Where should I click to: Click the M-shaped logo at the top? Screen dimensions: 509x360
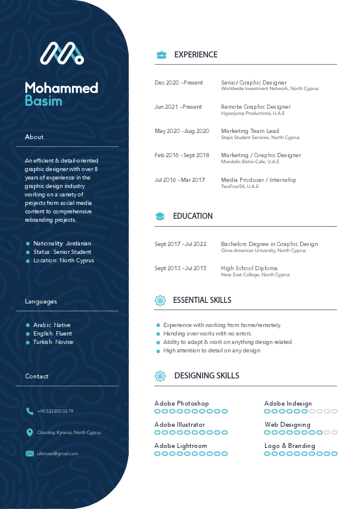[x=62, y=53]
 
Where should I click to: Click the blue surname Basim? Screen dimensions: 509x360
[x=44, y=101]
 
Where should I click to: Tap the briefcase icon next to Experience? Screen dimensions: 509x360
[x=161, y=55]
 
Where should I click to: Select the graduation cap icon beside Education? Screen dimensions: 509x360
[x=160, y=216]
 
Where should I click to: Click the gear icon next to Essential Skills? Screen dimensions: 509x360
[x=160, y=300]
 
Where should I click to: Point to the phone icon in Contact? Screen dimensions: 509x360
[x=30, y=411]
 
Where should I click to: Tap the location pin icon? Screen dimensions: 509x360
[x=30, y=432]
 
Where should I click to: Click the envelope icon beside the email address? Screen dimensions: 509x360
[x=30, y=453]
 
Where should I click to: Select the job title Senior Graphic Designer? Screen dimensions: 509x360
[x=254, y=83]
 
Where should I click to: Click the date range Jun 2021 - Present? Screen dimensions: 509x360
[x=178, y=107]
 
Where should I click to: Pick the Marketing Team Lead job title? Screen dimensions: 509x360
[x=250, y=131]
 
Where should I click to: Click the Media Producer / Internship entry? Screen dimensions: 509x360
[x=258, y=180]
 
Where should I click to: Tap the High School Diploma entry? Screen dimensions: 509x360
[x=249, y=268]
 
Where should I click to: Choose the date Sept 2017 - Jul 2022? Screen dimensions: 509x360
[x=180, y=244]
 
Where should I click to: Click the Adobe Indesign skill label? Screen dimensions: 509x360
[x=288, y=404]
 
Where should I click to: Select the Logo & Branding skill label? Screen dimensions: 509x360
[x=290, y=446]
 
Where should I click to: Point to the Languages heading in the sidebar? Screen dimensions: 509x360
[x=41, y=302]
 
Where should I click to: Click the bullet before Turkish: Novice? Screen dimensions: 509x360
[x=28, y=342]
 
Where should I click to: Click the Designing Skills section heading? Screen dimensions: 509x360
[x=206, y=376]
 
